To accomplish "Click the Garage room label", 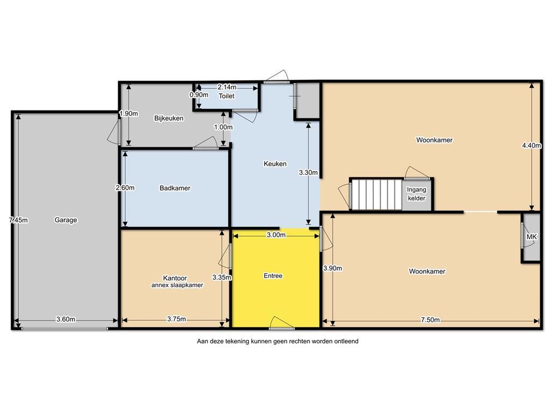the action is pos(66,220).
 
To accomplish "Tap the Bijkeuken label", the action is pos(169,119).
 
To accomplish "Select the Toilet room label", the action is pos(226,96).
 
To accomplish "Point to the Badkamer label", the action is pos(175,188).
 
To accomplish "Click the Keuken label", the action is pos(275,164).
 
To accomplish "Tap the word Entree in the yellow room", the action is pos(273,276).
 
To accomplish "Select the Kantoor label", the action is pos(175,278).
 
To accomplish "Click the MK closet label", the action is pos(531,237).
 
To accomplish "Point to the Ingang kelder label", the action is pos(416,194).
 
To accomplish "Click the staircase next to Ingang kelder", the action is pos(377,194).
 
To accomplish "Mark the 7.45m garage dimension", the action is pos(18,220).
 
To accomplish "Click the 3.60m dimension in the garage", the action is pos(66,319).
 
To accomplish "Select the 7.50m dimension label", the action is pos(430,320).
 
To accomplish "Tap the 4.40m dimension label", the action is pos(531,145).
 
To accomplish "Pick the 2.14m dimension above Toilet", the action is pos(227,87).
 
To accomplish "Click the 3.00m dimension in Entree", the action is pos(276,235).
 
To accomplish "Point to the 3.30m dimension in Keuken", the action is pos(308,172).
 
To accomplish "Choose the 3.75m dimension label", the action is pos(176,319).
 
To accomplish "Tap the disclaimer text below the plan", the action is pos(278,341).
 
